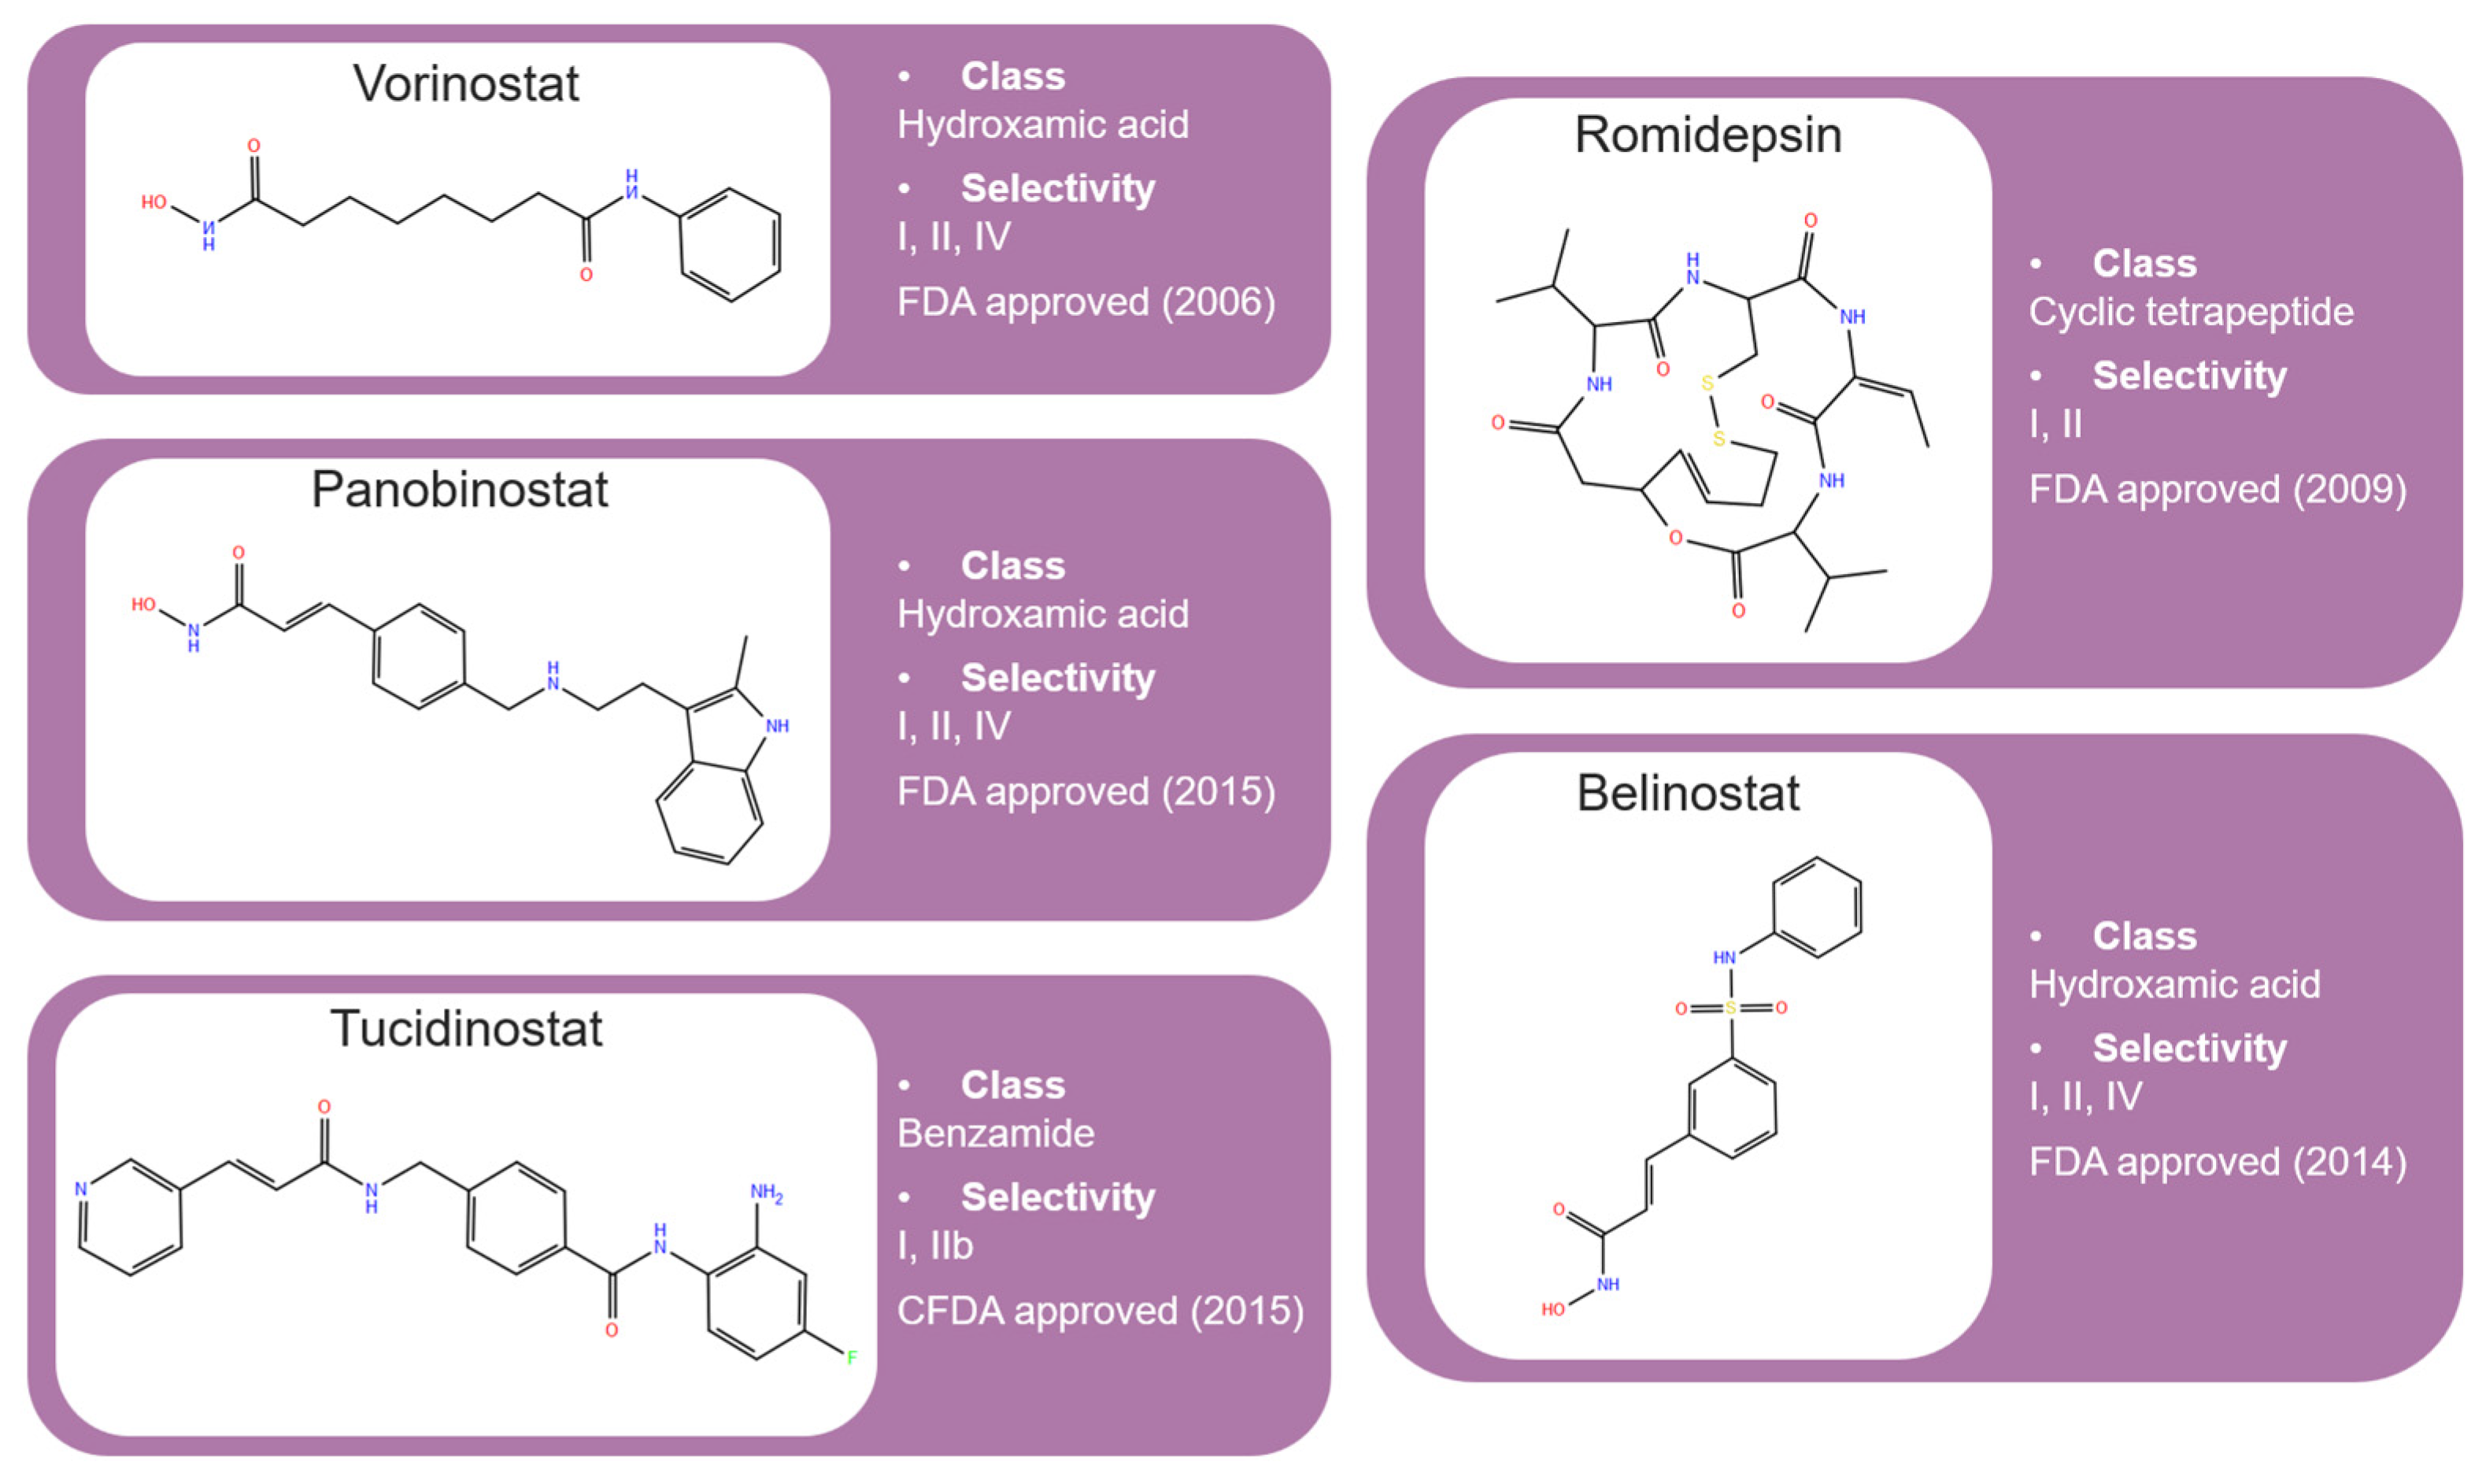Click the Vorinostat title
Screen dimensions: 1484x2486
466,84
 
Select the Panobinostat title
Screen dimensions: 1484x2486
459,490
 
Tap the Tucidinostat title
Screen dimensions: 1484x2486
466,1029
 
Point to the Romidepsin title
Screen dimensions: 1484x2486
1707,135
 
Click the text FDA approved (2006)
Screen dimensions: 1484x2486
1086,302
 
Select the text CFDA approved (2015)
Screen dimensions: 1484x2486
1100,1311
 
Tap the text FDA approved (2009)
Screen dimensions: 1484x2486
2217,490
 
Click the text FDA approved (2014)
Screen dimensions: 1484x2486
2217,1162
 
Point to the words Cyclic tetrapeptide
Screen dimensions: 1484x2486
2190,312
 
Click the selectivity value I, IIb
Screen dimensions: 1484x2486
934,1246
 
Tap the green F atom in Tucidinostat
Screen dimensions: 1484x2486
852,1358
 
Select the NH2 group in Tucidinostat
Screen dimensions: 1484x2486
766,1193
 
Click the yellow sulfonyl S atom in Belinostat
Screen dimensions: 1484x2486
1731,1008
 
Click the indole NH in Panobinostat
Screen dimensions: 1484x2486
777,726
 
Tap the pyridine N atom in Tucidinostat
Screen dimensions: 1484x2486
81,1189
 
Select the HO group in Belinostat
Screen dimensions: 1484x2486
1553,1309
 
